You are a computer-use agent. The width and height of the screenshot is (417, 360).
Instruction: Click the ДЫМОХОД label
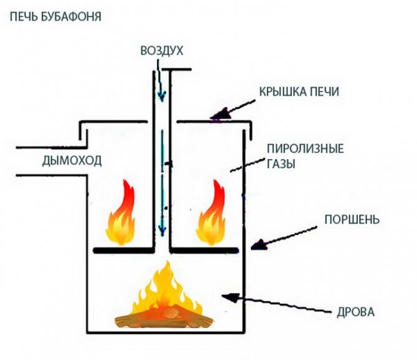coord(72,162)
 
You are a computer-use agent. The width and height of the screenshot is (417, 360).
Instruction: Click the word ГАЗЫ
coord(282,165)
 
